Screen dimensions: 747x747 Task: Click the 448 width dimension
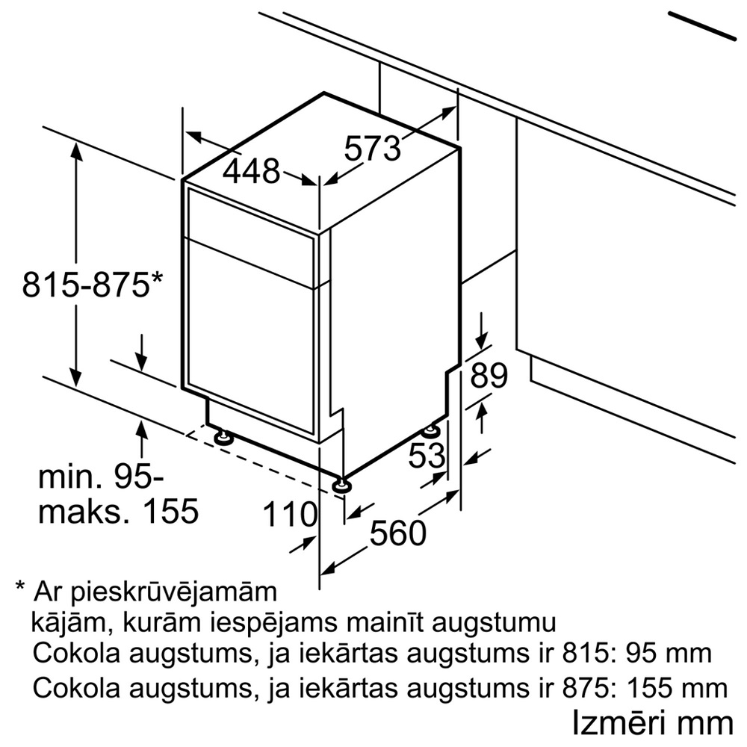[251, 172]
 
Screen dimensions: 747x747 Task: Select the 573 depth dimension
[372, 148]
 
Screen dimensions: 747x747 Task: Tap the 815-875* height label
[93, 285]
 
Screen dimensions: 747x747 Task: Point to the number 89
[489, 376]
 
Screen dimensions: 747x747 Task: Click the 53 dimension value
[427, 455]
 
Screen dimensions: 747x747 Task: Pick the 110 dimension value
[290, 515]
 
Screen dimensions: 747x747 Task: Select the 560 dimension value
[398, 533]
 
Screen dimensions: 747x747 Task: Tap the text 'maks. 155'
[118, 511]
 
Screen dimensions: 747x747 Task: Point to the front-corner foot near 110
[343, 485]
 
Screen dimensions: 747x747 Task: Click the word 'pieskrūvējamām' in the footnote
[174, 593]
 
